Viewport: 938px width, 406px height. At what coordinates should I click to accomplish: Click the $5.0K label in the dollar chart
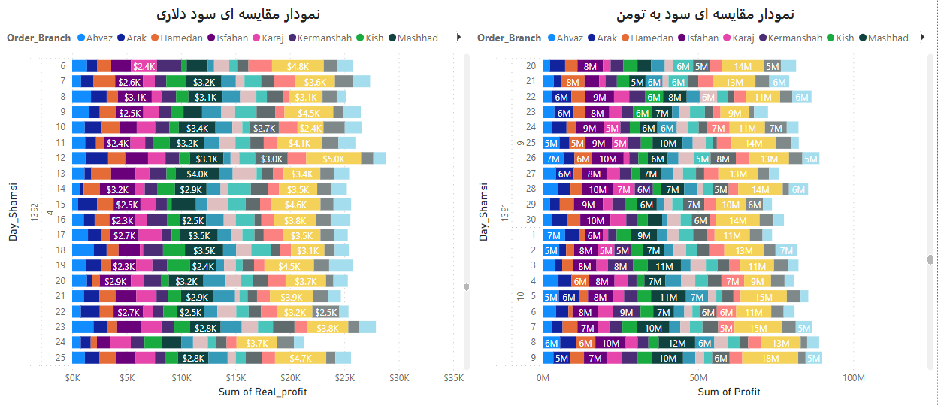pos(334,159)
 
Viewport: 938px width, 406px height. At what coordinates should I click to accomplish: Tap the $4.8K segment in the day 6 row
pos(298,66)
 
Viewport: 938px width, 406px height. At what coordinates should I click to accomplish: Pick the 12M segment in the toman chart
pos(677,343)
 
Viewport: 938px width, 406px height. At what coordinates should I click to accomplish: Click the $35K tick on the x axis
pos(453,377)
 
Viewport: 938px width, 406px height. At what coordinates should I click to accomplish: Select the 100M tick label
pos(854,377)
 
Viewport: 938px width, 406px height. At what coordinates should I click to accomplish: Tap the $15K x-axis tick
pos(236,377)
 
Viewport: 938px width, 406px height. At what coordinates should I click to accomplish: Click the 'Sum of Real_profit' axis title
pos(262,392)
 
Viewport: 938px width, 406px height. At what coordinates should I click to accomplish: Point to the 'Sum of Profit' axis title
pos(729,392)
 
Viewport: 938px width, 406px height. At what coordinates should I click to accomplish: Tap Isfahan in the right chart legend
pos(703,38)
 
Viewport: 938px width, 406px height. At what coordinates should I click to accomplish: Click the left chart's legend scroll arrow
pos(459,37)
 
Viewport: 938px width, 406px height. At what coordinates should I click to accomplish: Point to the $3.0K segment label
pos(271,159)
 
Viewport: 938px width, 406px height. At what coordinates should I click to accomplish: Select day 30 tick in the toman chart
pos(531,220)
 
